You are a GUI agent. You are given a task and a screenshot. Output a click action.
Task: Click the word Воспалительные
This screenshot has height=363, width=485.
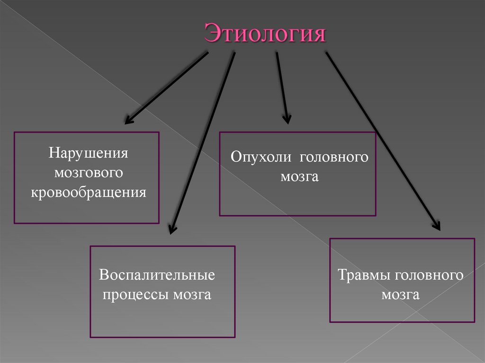click(x=157, y=275)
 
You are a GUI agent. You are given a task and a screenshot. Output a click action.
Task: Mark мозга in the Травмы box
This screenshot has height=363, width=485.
click(x=401, y=295)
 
